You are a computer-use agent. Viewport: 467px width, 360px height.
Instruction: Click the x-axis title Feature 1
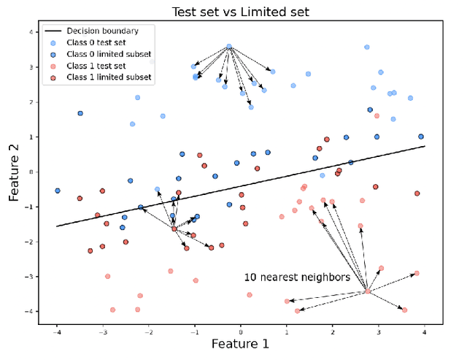click(x=240, y=343)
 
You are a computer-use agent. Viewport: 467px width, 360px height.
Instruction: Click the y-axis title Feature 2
click(x=14, y=172)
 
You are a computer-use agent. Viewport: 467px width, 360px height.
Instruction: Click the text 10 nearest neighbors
click(x=297, y=277)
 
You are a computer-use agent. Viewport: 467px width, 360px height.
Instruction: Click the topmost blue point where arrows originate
click(x=229, y=47)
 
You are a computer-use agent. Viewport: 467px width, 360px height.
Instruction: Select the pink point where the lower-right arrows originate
click(x=368, y=292)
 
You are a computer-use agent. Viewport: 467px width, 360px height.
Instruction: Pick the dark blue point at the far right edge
click(x=421, y=137)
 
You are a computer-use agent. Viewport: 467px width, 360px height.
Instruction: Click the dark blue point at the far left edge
click(x=58, y=191)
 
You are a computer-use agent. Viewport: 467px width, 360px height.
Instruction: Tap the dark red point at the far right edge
click(x=417, y=194)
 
